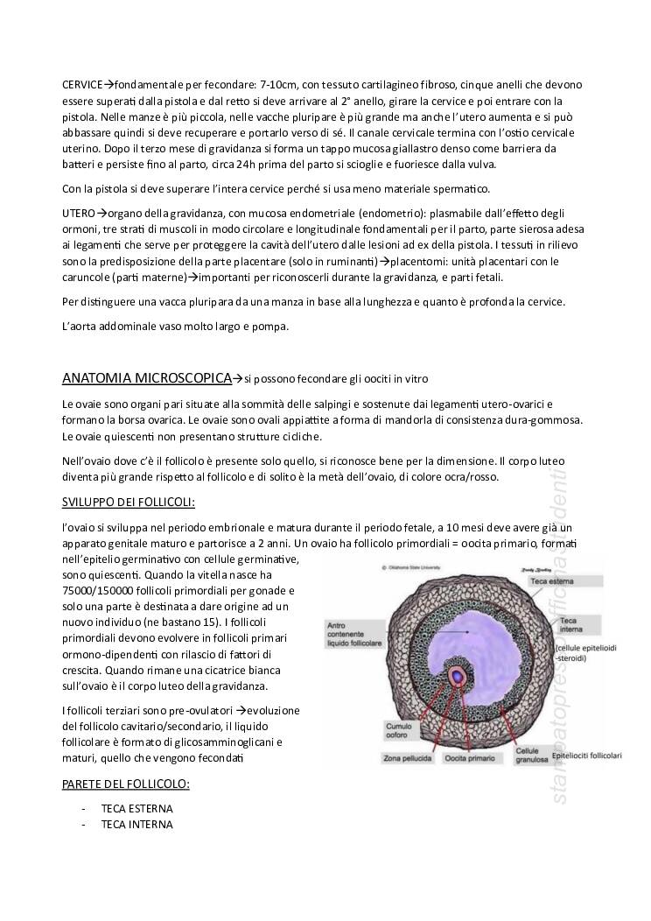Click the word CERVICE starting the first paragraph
[82, 84]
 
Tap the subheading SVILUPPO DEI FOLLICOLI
[129, 503]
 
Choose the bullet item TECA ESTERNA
[137, 808]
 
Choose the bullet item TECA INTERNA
[137, 825]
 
